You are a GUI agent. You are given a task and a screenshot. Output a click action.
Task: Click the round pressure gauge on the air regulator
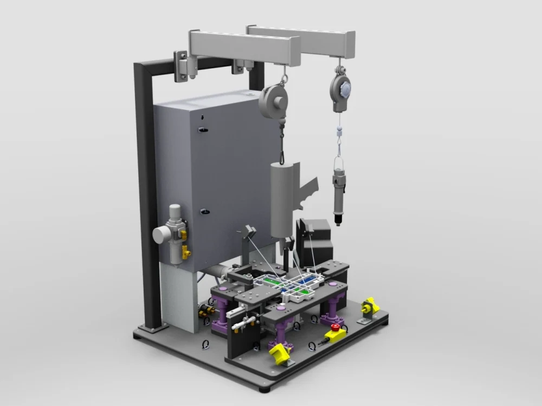(x=162, y=234)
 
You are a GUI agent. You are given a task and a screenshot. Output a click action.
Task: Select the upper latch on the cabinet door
(x=203, y=129)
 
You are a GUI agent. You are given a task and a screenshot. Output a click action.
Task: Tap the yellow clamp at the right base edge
(x=370, y=306)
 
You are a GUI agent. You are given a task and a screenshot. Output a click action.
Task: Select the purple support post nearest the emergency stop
(x=331, y=311)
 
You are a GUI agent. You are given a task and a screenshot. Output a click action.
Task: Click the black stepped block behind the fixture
(x=317, y=238)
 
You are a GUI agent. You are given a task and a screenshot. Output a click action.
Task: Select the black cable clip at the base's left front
(x=206, y=344)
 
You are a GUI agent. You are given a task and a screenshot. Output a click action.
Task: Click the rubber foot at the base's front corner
(x=268, y=388)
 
